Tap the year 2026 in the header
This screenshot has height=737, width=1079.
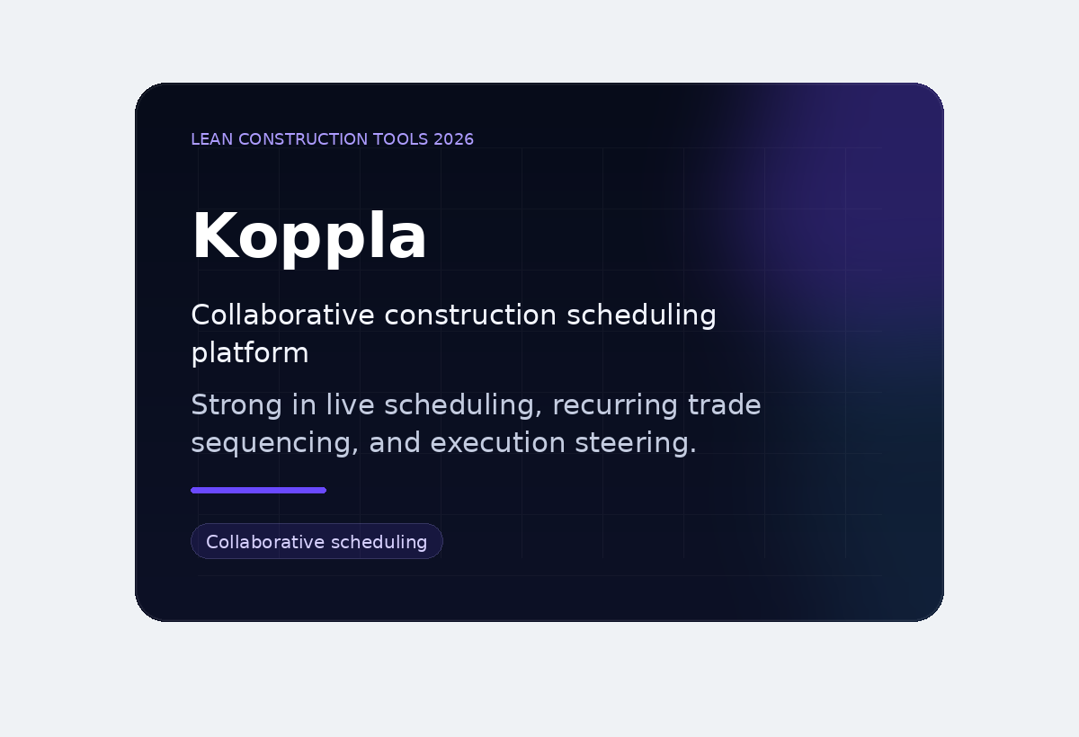(453, 139)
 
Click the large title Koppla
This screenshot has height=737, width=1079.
(309, 237)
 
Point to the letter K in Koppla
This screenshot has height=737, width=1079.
(211, 237)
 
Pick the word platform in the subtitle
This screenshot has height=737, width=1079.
(250, 353)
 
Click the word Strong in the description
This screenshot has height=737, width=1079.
(236, 405)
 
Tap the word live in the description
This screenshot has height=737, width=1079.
(343, 405)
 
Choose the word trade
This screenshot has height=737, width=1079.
(724, 405)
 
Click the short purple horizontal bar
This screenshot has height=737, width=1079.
(258, 490)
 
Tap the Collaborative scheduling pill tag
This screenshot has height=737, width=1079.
(317, 541)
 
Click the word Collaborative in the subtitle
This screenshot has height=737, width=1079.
(283, 315)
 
